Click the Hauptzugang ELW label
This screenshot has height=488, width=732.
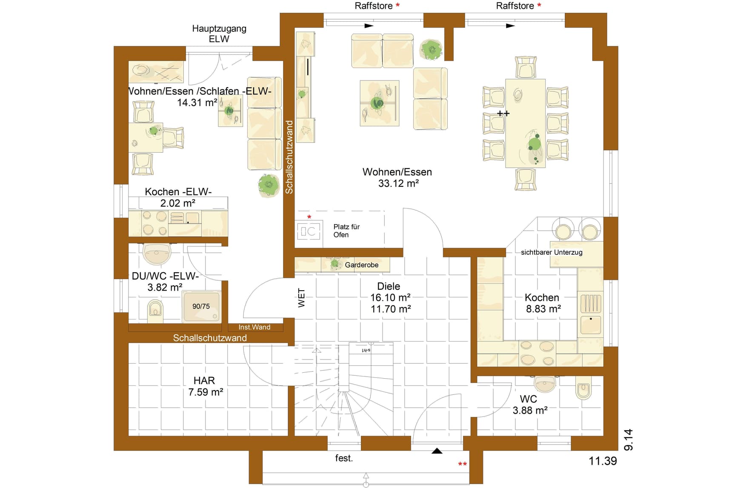(219, 34)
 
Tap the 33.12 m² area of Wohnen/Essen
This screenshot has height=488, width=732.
(398, 183)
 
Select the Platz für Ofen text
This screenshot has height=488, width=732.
(346, 231)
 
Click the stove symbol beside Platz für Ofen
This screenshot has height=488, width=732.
(309, 231)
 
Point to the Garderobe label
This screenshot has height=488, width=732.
(362, 265)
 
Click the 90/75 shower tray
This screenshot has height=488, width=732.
(201, 306)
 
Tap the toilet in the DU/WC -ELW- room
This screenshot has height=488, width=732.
(155, 310)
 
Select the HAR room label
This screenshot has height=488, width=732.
(204, 380)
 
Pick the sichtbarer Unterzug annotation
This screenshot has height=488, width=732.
(552, 252)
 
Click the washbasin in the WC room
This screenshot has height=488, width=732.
(545, 384)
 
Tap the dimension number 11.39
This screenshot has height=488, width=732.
(603, 461)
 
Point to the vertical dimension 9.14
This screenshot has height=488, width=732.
(629, 440)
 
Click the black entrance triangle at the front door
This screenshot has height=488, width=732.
(437, 451)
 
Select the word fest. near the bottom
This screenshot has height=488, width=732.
(344, 458)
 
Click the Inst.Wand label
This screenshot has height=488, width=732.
(254, 327)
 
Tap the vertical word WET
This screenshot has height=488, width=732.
(301, 298)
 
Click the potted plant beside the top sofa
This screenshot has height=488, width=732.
(432, 50)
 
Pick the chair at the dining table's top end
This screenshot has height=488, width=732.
(526, 67)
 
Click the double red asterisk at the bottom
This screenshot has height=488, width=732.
(462, 464)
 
